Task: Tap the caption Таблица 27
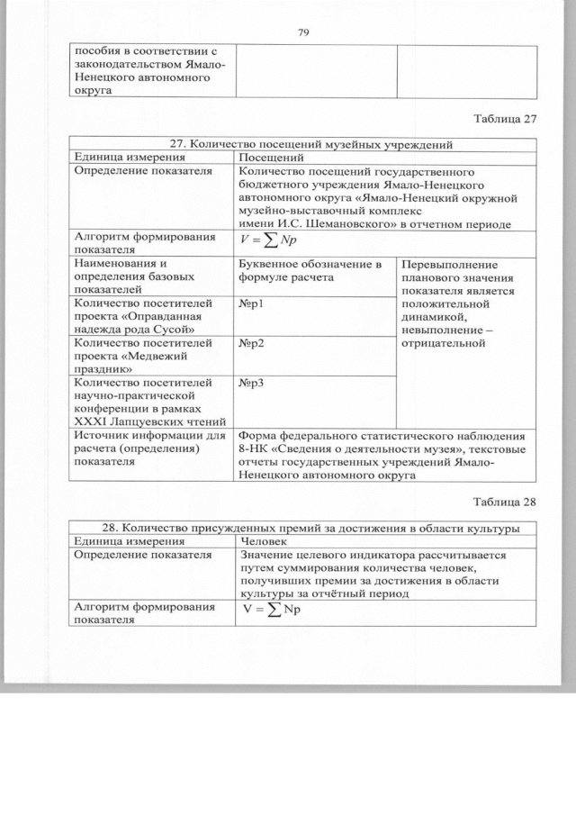(x=504, y=118)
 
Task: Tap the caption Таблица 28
(x=504, y=502)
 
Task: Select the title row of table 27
(x=303, y=144)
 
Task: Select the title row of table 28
(x=303, y=528)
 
